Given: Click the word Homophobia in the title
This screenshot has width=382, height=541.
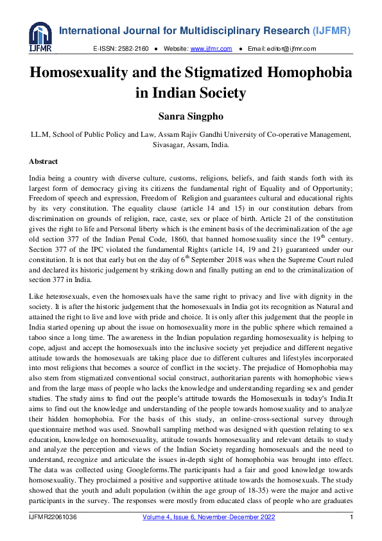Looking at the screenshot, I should pos(305,73).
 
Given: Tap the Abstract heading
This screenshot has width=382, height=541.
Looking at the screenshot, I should pos(44,161).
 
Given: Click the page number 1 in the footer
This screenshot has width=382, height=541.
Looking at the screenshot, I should pos(351,517).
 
